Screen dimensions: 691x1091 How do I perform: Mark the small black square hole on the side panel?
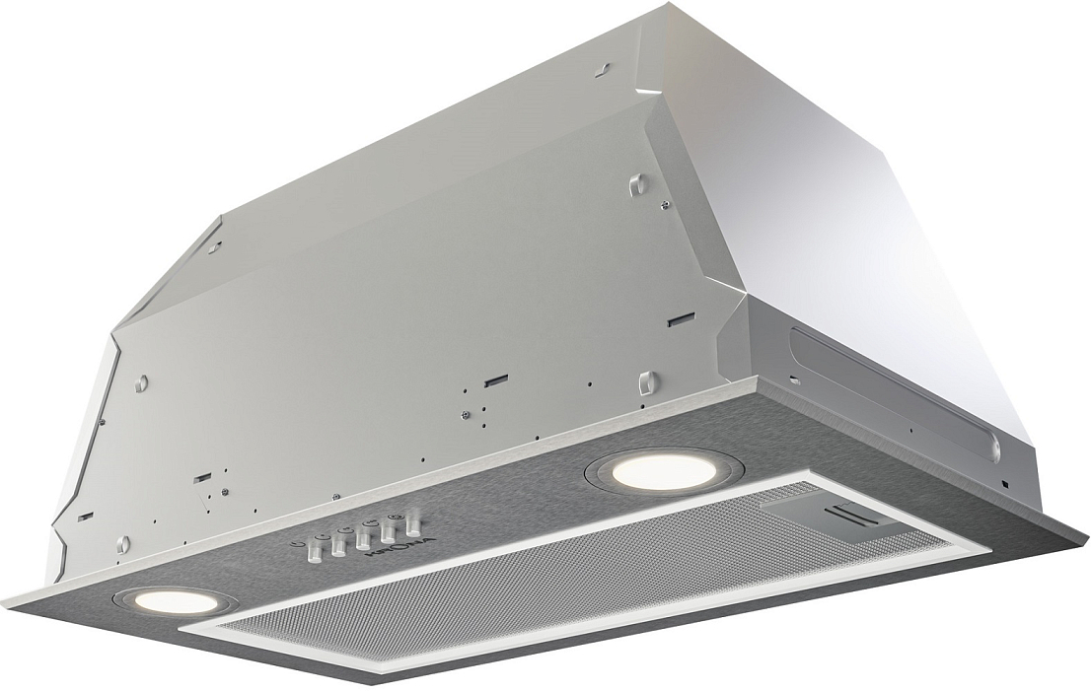click(1003, 484)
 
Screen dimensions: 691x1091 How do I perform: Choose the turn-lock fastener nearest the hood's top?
click(637, 182)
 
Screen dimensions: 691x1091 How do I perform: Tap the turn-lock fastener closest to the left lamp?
click(123, 543)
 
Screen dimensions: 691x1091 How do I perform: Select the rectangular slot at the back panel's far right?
click(680, 320)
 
